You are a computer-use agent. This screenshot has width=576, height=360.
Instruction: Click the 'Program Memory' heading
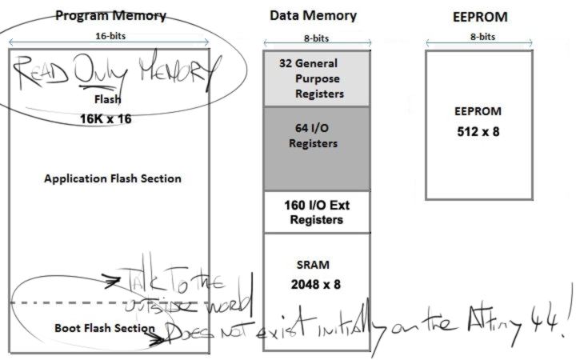[x=110, y=15]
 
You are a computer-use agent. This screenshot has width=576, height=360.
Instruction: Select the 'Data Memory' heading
[x=313, y=15]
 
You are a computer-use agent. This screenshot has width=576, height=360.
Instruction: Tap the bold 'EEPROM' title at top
[x=479, y=15]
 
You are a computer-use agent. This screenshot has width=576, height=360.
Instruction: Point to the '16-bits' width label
[x=110, y=35]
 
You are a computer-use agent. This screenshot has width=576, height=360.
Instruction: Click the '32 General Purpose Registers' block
[x=318, y=78]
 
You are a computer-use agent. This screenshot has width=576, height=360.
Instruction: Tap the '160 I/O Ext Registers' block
[x=318, y=211]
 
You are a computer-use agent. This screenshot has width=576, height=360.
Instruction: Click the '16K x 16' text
[x=106, y=118]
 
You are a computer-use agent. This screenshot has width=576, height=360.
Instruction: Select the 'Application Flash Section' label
[x=112, y=178]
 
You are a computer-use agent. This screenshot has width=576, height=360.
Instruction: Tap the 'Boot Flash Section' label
[x=104, y=328]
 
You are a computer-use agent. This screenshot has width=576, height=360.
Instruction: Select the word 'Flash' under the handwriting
[x=106, y=100]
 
